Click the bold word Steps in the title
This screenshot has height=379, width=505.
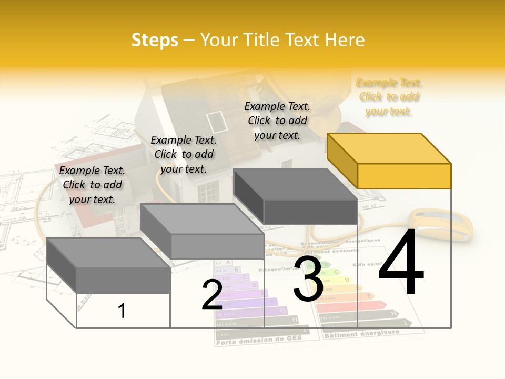tap(155, 40)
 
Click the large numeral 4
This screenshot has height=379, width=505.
tap(401, 263)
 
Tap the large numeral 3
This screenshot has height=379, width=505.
tap(308, 279)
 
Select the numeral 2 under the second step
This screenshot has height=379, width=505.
tap(212, 295)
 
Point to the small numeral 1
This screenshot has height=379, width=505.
tap(122, 311)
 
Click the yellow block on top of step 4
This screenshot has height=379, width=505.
tap(389, 161)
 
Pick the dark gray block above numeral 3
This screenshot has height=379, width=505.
tap(296, 196)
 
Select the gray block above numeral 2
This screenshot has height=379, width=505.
tap(203, 232)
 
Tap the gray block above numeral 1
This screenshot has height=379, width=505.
tap(109, 265)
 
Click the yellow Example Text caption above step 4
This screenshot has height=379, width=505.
tap(389, 97)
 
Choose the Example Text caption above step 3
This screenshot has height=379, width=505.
tap(277, 121)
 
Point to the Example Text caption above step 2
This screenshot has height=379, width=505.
tap(184, 154)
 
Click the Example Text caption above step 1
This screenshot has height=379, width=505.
tap(92, 185)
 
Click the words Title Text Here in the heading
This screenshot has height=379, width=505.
tap(282, 40)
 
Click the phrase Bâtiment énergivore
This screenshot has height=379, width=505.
tap(362, 333)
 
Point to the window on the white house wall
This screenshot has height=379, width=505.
tap(207, 190)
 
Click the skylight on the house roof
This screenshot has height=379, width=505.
tap(217, 122)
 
